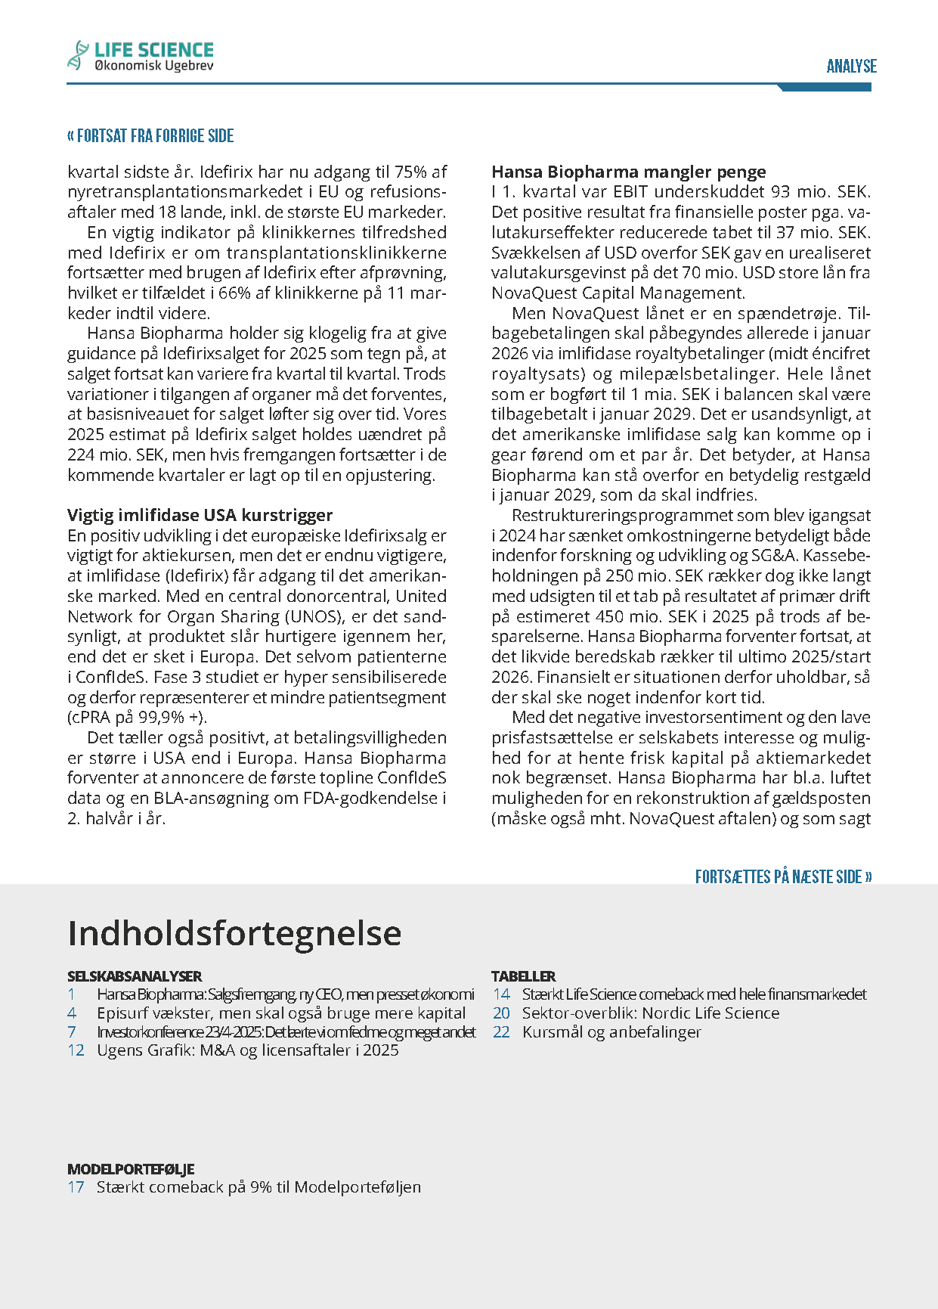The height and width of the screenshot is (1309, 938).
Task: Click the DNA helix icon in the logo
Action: point(77,56)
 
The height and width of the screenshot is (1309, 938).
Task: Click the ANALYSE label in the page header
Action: point(851,67)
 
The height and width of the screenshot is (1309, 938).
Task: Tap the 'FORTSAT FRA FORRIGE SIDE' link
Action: point(150,136)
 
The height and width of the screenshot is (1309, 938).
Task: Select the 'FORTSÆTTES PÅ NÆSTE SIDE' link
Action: point(783,877)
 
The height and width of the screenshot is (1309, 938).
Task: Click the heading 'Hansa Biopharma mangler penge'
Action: point(629,172)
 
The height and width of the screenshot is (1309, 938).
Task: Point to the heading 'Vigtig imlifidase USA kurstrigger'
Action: point(200,515)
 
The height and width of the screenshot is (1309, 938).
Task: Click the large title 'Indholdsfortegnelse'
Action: point(234,933)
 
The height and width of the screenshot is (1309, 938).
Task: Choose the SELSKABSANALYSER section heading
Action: point(135,976)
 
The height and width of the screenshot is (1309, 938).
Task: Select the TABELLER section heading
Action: point(523,976)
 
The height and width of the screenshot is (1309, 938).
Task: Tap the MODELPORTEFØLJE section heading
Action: point(131,1169)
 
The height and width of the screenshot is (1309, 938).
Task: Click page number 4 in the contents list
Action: point(72,1013)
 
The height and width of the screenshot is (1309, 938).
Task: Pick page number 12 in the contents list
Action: point(76,1050)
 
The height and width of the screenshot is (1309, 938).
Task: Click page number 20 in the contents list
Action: point(501,1013)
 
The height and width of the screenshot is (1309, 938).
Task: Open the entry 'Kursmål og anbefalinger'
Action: point(611,1032)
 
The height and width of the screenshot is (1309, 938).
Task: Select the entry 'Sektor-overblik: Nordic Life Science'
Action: point(651,1013)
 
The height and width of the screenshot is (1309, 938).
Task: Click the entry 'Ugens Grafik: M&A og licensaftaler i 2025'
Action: point(247,1050)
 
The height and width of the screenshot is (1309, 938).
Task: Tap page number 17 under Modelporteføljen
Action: point(76,1187)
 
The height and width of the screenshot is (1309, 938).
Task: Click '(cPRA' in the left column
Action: point(88,718)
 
